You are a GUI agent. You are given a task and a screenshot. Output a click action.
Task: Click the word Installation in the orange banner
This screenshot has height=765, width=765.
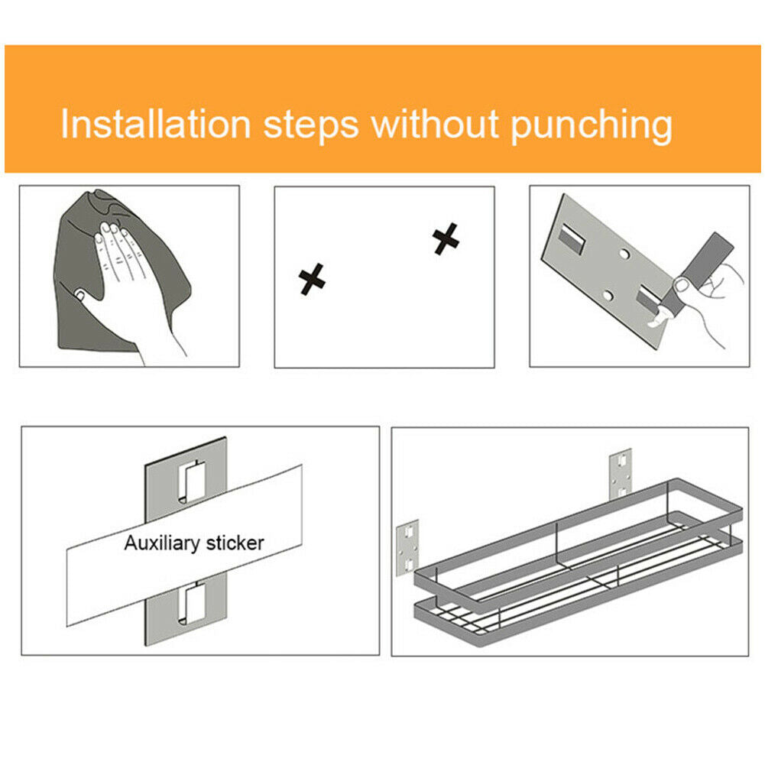coord(156,125)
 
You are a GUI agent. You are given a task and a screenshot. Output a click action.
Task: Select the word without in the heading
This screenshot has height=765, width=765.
coord(435,124)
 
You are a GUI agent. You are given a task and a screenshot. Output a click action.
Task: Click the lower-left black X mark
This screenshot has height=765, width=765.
coord(312,280)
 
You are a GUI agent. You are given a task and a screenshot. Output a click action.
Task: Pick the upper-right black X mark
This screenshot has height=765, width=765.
coord(446,239)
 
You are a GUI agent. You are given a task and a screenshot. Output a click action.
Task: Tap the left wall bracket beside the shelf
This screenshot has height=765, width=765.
coord(407,547)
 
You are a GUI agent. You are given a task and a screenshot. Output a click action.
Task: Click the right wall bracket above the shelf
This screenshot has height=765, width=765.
coord(621,473)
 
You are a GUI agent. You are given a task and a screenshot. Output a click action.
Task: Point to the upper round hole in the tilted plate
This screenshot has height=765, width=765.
coord(624,254)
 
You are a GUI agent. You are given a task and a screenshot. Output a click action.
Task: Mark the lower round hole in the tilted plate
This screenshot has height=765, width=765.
coord(608,295)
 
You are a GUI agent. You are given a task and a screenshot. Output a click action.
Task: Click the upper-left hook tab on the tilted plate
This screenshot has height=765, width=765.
coord(572,238)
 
